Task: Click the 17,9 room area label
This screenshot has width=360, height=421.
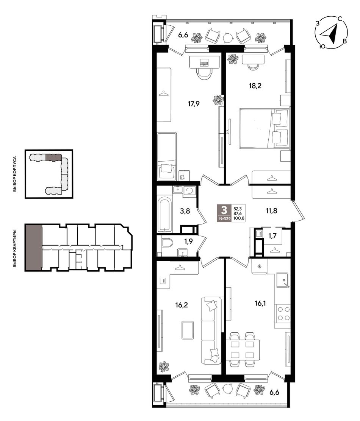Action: click(x=193, y=104)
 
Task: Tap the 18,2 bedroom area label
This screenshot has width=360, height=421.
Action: click(x=255, y=86)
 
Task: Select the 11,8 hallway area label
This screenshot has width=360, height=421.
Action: click(x=271, y=211)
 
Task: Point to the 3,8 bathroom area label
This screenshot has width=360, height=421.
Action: click(x=185, y=211)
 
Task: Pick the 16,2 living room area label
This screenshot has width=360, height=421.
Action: click(x=182, y=305)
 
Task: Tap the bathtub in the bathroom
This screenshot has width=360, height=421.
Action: click(x=165, y=215)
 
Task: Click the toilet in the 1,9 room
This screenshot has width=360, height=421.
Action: click(x=167, y=243)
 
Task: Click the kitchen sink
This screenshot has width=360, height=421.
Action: click(x=282, y=281)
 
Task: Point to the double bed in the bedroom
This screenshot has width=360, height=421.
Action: click(x=265, y=128)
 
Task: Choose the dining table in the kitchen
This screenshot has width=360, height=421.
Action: click(x=243, y=350)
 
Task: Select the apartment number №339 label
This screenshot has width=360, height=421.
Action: click(x=225, y=218)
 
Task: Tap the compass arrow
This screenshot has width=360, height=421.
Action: click(x=330, y=34)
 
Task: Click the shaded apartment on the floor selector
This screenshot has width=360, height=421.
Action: click(x=34, y=247)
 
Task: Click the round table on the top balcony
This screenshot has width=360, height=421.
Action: click(x=228, y=37)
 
